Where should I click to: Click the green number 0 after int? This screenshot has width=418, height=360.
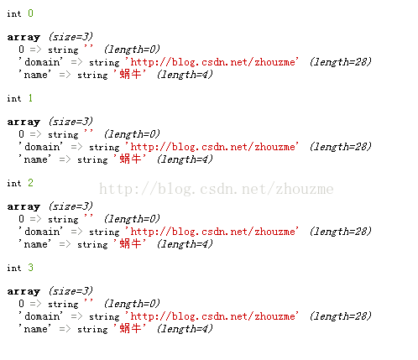click(30, 13)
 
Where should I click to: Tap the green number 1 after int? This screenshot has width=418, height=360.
click(30, 98)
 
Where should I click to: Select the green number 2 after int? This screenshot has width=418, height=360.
click(30, 183)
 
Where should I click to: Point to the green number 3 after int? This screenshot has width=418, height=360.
click(30, 268)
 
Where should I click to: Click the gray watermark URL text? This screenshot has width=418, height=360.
click(216, 189)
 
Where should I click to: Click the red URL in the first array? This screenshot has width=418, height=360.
click(212, 62)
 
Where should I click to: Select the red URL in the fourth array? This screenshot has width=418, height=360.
click(212, 316)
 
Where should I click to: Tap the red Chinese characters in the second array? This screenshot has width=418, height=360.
click(129, 159)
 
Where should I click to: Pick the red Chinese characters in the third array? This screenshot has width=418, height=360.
click(129, 243)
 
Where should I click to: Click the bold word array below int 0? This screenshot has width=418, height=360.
click(24, 37)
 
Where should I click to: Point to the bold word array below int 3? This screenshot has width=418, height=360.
click(24, 291)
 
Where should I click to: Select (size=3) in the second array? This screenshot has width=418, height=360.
click(71, 122)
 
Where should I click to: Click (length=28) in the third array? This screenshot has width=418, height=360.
click(341, 231)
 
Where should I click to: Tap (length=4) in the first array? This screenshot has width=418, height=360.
click(185, 74)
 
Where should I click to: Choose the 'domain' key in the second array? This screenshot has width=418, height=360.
click(41, 147)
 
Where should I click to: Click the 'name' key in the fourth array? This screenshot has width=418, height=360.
click(34, 328)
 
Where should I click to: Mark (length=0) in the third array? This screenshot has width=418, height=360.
click(132, 218)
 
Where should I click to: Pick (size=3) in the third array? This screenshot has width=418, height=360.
click(71, 206)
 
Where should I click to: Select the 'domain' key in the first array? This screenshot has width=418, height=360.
click(41, 62)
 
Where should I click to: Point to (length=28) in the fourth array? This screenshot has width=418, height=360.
click(341, 316)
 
